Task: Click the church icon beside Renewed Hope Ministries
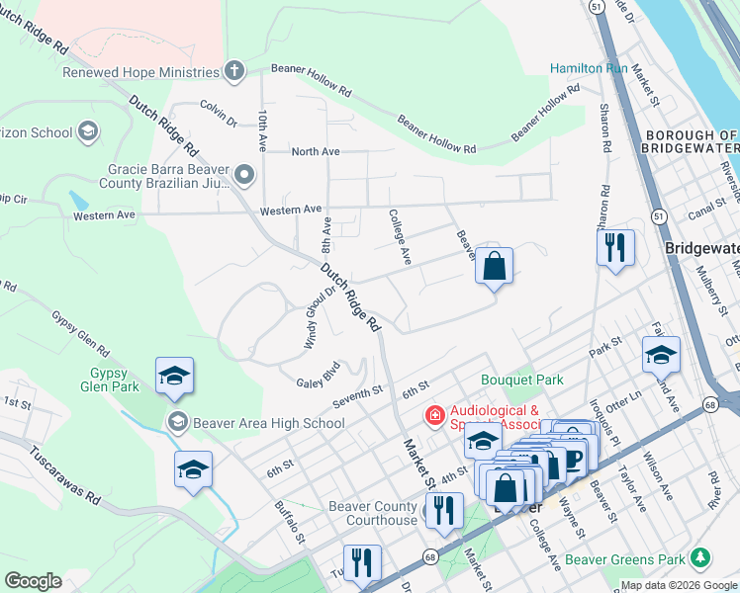click(233, 71)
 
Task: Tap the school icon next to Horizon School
click(88, 131)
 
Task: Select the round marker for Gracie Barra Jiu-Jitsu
click(244, 176)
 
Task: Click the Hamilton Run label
click(590, 68)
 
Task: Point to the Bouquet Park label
click(521, 379)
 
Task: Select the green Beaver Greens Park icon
click(701, 558)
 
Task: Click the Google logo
click(33, 581)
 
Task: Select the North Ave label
click(316, 151)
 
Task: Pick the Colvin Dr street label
click(218, 108)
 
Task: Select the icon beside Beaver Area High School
click(177, 422)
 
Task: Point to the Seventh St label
click(357, 393)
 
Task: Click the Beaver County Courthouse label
click(373, 513)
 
